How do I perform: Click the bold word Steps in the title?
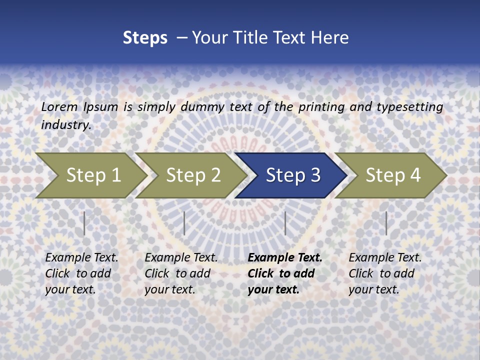tap(145, 38)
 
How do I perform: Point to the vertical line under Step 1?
tap(84, 223)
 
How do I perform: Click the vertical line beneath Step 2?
tap(184, 223)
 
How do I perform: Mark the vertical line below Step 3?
tap(285, 223)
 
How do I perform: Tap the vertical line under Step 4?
tap(386, 223)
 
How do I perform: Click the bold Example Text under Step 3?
tap(285, 258)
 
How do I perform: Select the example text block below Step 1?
tap(81, 273)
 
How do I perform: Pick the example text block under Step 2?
tap(181, 273)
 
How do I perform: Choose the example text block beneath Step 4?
tap(385, 273)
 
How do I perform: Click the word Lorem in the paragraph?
tap(59, 107)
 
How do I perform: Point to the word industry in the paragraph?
tap(66, 125)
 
